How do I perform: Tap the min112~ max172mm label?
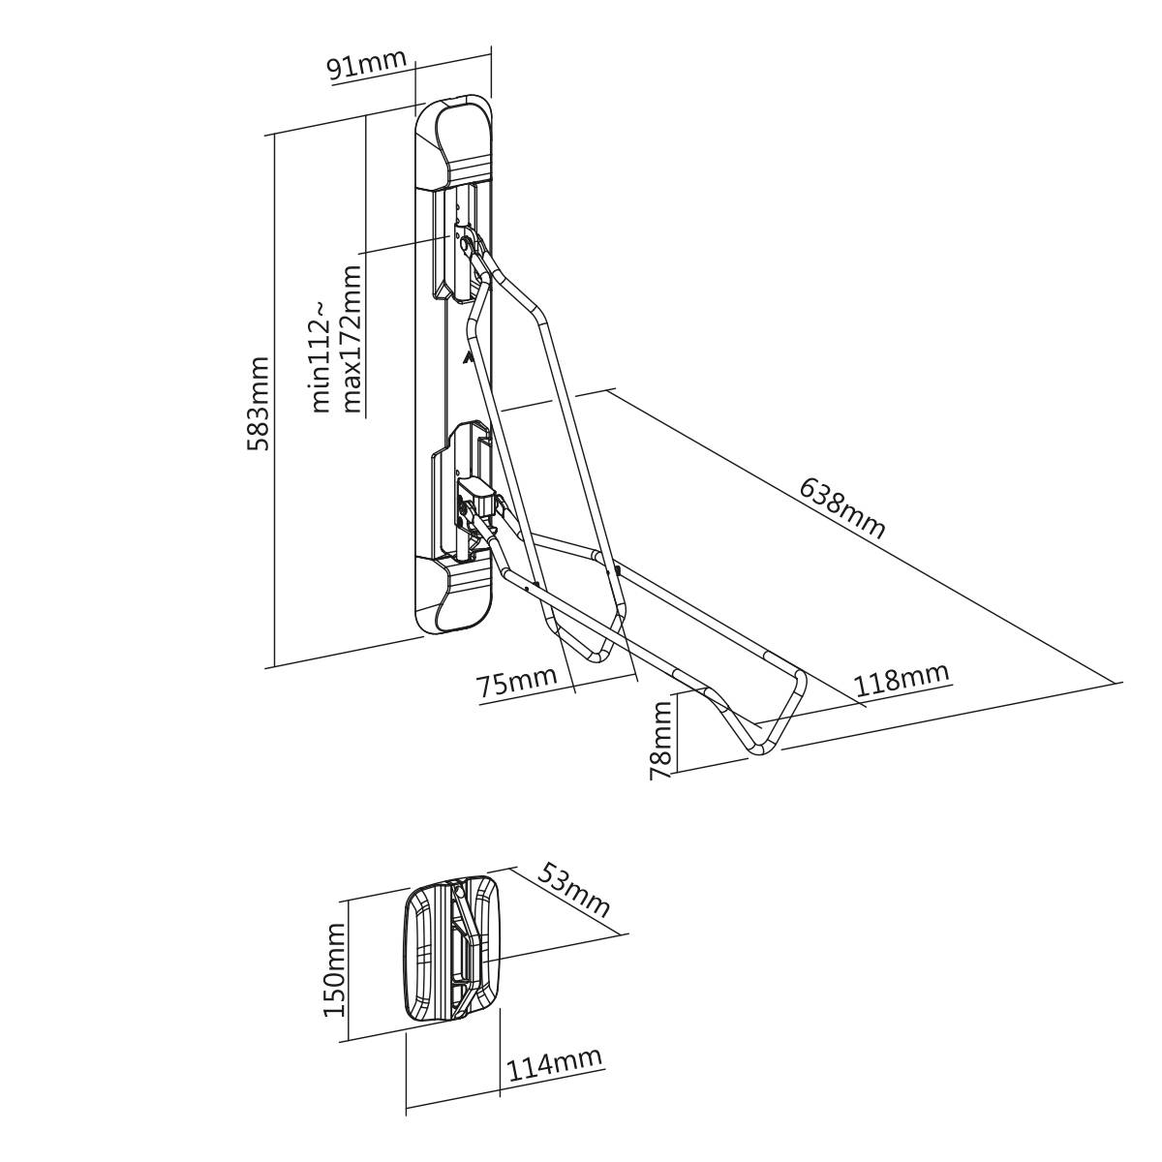coord(336,340)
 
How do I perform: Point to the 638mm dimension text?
coord(842,506)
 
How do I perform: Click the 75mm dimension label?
coord(516,682)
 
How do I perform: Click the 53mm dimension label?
coord(573,889)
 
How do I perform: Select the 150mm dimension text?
coord(334,968)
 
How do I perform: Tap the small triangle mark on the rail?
coord(469,359)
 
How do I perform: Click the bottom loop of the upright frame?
coord(587,644)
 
